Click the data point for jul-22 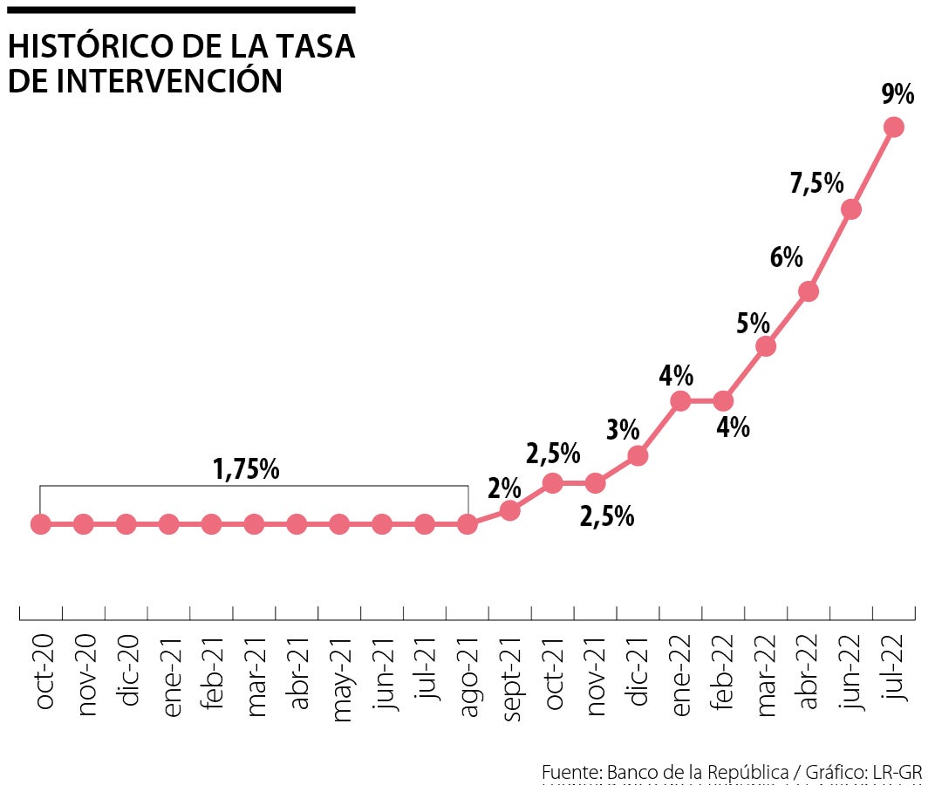click(893, 127)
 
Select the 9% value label click(898, 93)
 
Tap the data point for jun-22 click(851, 209)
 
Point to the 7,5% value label click(817, 183)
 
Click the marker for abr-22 click(809, 291)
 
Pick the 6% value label click(786, 257)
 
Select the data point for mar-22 click(766, 346)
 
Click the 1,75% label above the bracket click(246, 469)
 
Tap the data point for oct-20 click(40, 524)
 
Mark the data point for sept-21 click(510, 510)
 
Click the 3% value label click(624, 429)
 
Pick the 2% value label click(504, 488)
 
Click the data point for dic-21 click(638, 455)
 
